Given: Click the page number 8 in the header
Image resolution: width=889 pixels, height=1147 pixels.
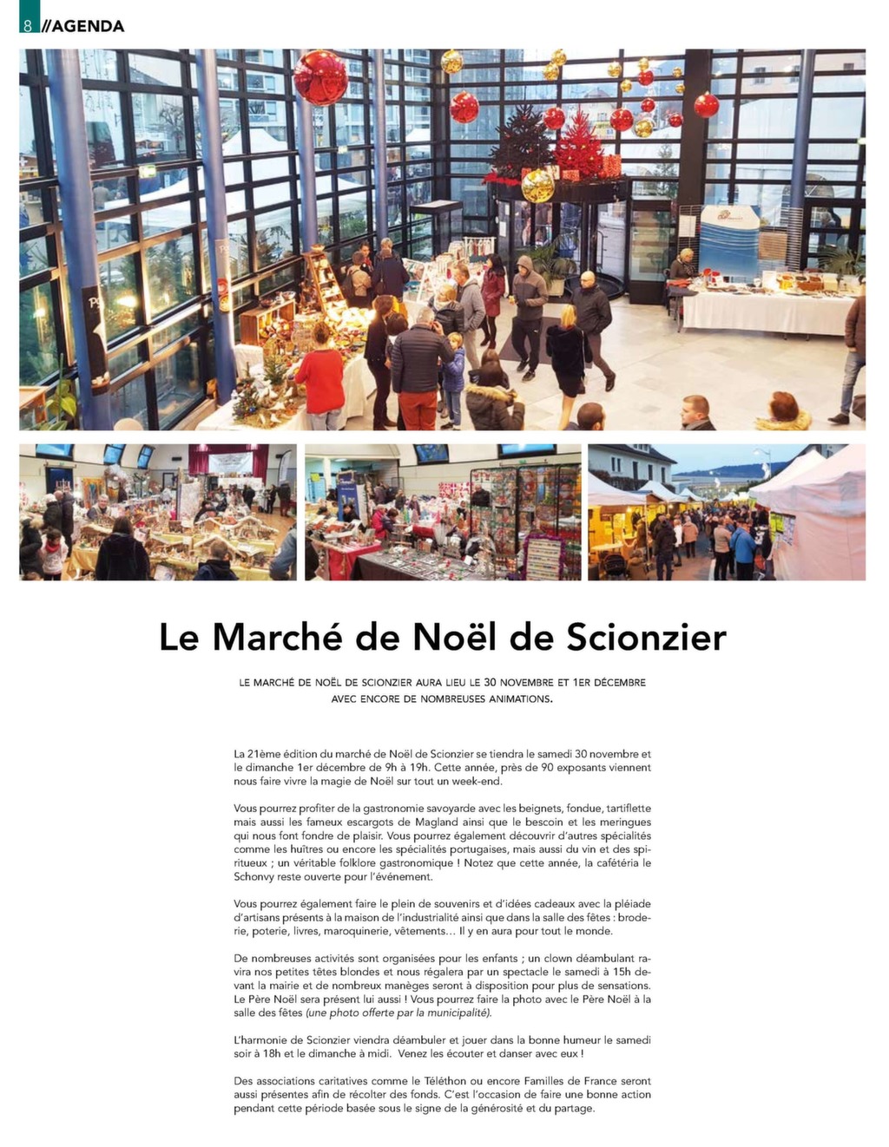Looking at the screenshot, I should pyautogui.click(x=28, y=25).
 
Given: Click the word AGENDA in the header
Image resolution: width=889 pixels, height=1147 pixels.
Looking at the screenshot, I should pyautogui.click(x=88, y=25).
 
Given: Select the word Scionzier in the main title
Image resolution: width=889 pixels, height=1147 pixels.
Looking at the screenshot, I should pyautogui.click(x=646, y=638).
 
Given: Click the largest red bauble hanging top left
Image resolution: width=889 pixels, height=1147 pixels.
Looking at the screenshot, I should pyautogui.click(x=320, y=77).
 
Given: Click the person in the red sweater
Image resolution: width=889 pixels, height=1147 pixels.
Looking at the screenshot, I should pyautogui.click(x=320, y=378).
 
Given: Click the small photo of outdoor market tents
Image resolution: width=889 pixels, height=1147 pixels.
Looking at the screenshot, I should pyautogui.click(x=727, y=513).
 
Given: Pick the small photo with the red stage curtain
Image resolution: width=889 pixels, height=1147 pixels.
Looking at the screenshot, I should pyautogui.click(x=158, y=513).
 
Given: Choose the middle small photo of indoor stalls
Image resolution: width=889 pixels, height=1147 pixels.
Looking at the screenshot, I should pyautogui.click(x=443, y=513).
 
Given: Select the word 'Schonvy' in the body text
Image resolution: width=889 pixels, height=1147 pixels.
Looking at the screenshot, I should pyautogui.click(x=254, y=876).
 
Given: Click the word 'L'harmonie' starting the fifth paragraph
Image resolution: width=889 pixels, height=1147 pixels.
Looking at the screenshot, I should pyautogui.click(x=260, y=1040).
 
